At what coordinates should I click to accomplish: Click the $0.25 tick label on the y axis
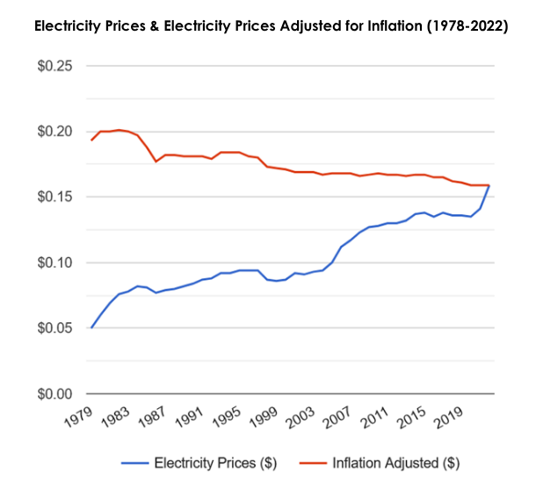54,67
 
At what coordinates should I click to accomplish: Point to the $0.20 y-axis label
54,132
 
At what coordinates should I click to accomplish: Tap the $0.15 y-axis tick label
54,197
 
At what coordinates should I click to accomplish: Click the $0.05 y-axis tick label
54,328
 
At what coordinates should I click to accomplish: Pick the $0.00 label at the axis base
54,394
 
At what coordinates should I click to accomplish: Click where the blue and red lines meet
489,185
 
